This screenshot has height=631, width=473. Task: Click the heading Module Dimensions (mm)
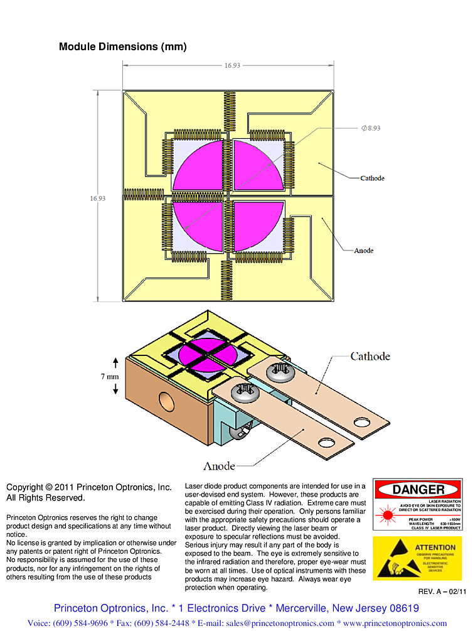click(122, 46)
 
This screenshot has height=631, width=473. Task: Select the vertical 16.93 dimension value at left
click(97, 198)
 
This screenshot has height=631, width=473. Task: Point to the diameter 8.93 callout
click(370, 127)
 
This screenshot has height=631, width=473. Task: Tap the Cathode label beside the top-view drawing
click(372, 178)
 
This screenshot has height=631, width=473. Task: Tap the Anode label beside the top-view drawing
click(364, 251)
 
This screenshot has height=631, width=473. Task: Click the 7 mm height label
click(110, 377)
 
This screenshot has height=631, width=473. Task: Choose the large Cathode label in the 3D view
click(370, 357)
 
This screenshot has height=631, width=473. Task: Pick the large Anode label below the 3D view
click(219, 466)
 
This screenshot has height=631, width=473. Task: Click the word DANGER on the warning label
click(418, 490)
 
